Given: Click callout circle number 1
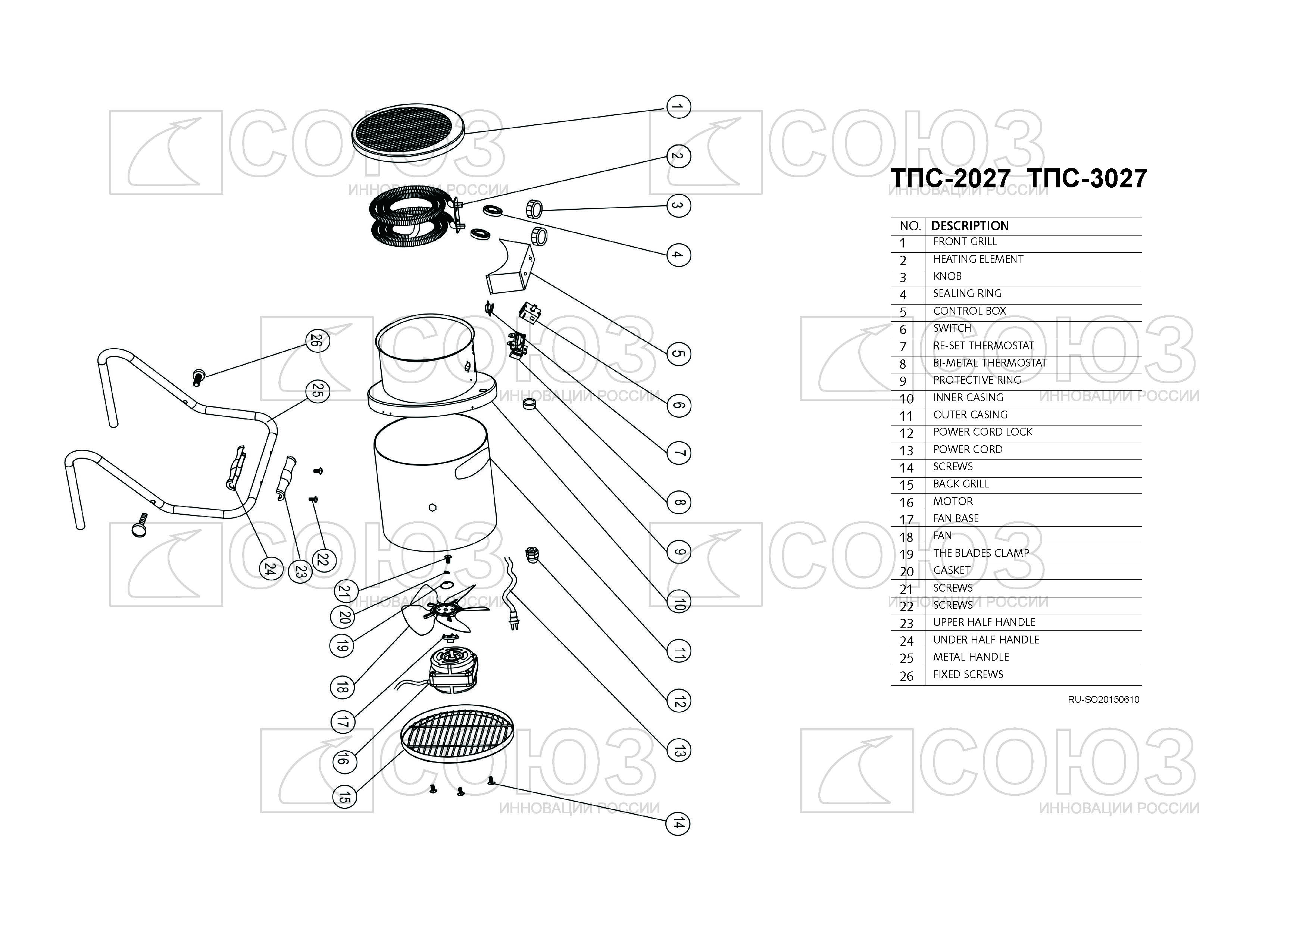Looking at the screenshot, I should (x=677, y=107).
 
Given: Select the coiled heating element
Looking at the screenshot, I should (x=409, y=217).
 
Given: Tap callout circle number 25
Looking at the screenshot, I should (x=317, y=391).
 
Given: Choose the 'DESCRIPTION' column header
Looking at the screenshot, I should (x=970, y=226).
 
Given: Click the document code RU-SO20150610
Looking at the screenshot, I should (x=1103, y=699).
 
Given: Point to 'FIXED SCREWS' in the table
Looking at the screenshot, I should (x=968, y=674).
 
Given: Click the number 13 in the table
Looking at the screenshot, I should (x=906, y=450).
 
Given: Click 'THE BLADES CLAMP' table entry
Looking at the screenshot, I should (x=981, y=553).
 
